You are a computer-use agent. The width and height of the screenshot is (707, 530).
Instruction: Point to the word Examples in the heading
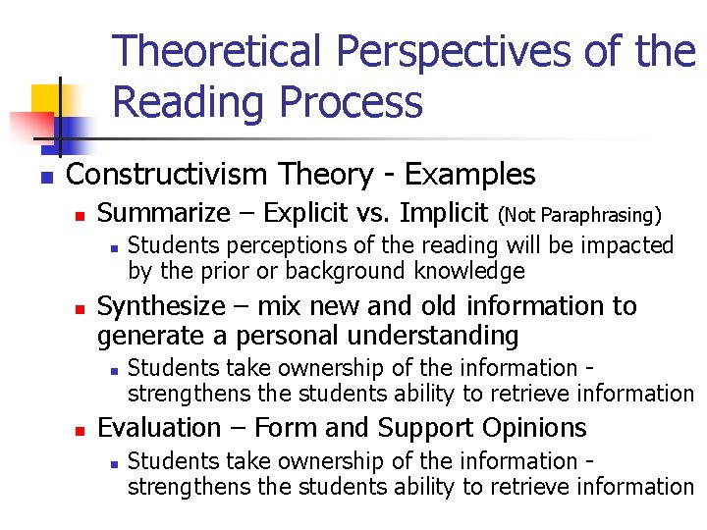pos(470,175)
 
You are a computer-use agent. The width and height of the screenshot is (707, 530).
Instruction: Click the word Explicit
pos(309,213)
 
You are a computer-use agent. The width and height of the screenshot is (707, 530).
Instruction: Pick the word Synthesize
pos(161,306)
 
